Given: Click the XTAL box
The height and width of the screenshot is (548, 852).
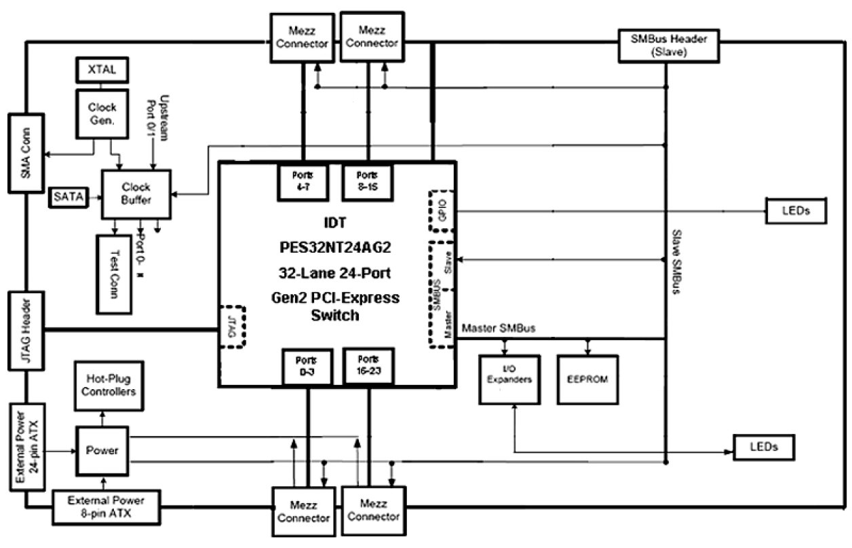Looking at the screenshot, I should tap(100, 69).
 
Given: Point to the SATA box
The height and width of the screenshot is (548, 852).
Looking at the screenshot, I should tap(69, 198).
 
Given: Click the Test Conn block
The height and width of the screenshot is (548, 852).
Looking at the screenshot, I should tap(113, 272).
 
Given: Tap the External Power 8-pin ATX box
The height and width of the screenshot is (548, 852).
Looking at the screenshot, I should tap(107, 507).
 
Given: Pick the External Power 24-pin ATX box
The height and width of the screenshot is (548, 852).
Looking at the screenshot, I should tap(27, 446).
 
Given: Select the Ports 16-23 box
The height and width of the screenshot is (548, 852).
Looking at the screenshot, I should tap(368, 365).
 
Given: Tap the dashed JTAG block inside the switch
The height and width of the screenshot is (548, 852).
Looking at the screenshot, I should tap(231, 327).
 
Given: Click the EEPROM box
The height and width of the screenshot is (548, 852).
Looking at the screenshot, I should tap(588, 379).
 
